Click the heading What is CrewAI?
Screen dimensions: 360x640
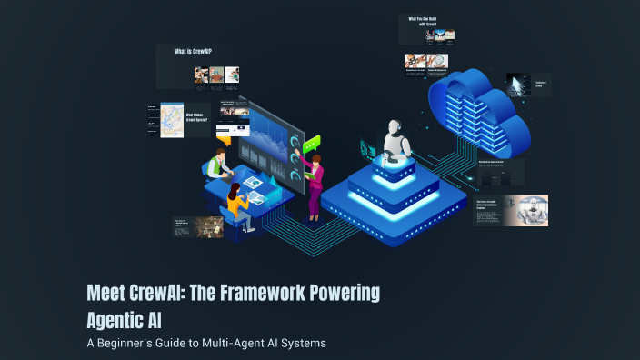[x=194, y=52]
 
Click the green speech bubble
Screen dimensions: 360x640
[x=313, y=143]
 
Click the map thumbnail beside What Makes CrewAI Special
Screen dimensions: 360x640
[x=172, y=120]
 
